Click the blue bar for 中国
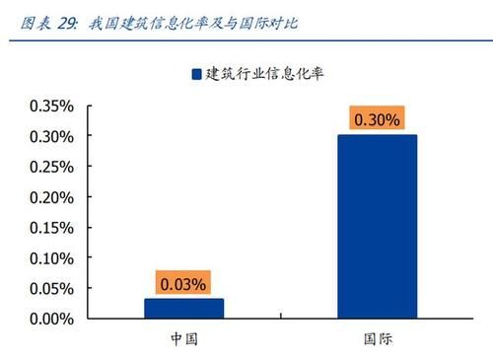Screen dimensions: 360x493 (183, 309)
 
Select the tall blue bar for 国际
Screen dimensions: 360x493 (377, 227)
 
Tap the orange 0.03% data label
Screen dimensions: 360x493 (183, 284)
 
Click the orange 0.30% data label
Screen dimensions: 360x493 (377, 120)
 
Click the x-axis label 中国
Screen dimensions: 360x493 (183, 339)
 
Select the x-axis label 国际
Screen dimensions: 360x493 (377, 339)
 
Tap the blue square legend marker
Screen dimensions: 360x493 (195, 74)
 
